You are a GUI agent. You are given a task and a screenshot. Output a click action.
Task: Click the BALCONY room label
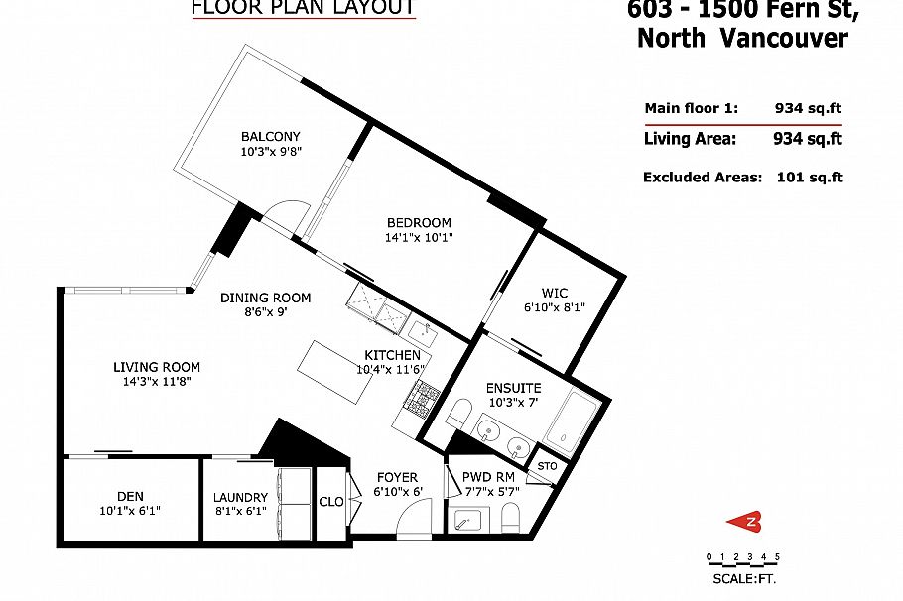click(270, 137)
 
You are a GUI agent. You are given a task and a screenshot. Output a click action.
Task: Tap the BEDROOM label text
click(418, 222)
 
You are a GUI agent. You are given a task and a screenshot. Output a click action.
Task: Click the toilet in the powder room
click(511, 517)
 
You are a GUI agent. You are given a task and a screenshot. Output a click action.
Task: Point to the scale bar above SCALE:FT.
click(742, 557)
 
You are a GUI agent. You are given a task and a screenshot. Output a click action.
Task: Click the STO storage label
click(546, 466)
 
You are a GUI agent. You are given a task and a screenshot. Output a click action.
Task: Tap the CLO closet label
click(331, 502)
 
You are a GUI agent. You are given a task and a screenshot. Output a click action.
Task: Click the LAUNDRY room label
click(240, 497)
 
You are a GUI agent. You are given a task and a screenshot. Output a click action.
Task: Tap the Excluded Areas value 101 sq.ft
click(809, 177)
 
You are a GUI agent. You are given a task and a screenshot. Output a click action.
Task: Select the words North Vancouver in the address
click(742, 39)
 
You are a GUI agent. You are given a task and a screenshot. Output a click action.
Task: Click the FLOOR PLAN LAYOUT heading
click(303, 8)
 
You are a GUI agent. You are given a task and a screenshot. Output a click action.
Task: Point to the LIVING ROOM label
click(157, 366)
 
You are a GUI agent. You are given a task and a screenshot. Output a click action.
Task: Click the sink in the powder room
click(467, 518)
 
